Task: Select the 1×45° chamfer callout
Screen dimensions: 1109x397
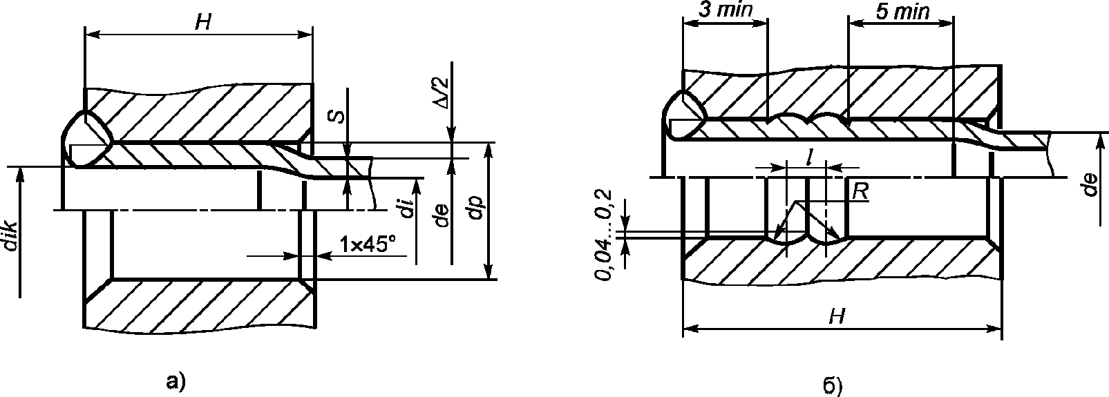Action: tap(368, 244)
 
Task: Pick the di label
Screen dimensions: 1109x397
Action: tap(406, 207)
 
